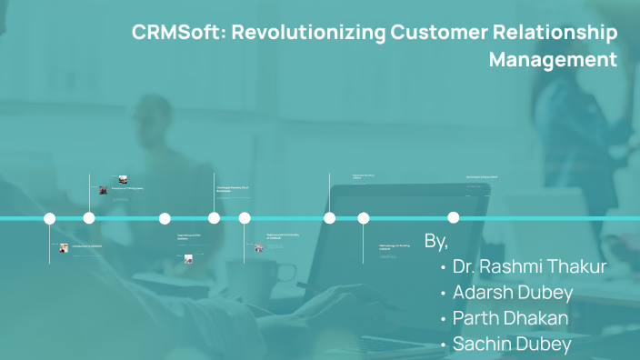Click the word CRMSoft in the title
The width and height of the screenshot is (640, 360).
179,34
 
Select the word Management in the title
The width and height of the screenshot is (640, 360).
553,61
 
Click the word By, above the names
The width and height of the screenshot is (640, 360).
436,241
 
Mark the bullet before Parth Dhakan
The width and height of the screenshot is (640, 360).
443,320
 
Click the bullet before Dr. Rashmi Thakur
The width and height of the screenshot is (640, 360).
443,268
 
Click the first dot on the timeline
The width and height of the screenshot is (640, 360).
50,218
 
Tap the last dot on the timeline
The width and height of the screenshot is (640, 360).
453,217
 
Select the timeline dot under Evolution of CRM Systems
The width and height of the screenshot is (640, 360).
89,218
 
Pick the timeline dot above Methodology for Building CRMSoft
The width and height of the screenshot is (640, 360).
364,218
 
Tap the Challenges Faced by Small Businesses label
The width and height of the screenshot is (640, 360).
234,189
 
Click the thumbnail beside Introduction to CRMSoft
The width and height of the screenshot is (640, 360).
64,247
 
